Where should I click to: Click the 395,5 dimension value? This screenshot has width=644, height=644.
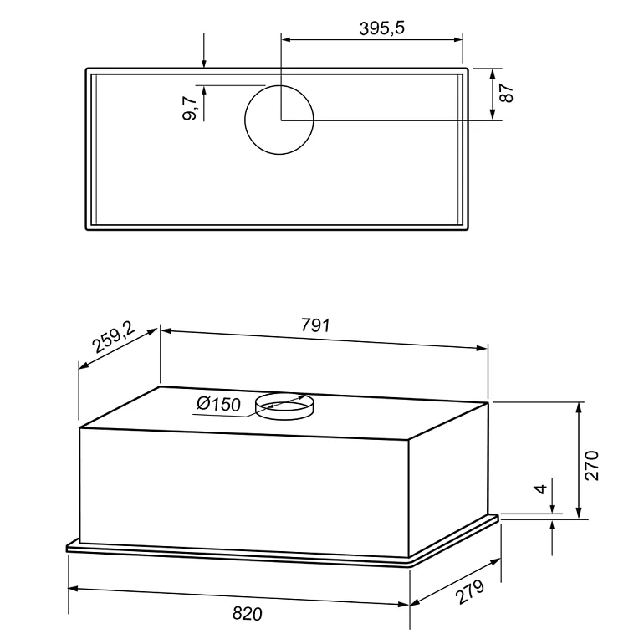click(381, 28)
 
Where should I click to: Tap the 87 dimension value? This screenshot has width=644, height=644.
click(508, 93)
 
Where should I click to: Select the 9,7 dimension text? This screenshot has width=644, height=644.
click(190, 109)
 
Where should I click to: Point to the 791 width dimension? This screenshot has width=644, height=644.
click(315, 325)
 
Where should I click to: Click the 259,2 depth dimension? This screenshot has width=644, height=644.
click(114, 337)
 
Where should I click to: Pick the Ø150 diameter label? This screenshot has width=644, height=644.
click(218, 404)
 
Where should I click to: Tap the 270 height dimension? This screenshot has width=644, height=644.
click(592, 465)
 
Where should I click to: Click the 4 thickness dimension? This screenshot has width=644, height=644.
click(541, 488)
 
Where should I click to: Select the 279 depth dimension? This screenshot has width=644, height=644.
click(471, 591)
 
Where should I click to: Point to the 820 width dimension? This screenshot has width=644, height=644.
click(248, 614)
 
